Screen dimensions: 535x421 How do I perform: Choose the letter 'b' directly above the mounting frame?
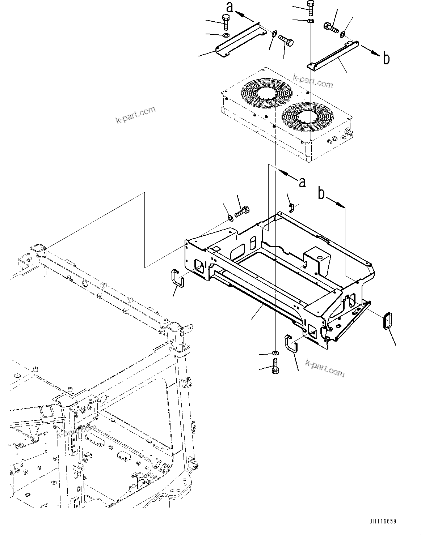[x=321, y=194]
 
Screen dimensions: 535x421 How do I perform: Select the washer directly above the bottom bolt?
[x=275, y=352]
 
